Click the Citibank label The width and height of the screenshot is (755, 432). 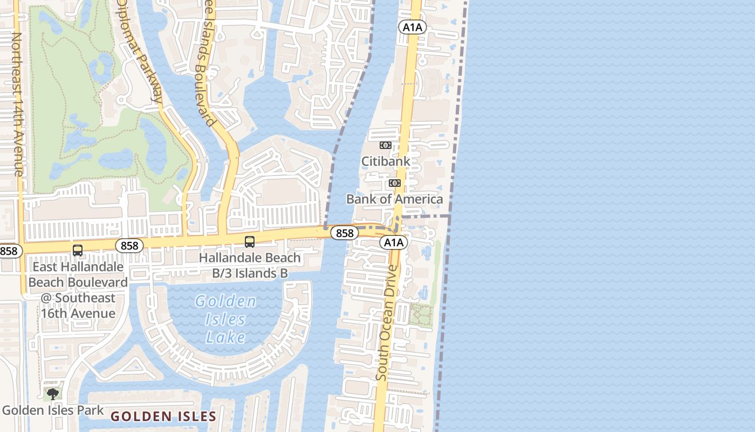(x=386, y=161)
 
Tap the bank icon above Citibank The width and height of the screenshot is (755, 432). (x=385, y=145)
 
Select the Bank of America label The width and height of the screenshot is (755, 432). (x=394, y=199)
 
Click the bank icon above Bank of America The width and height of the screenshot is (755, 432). (x=395, y=183)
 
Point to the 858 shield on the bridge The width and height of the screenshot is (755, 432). (x=344, y=233)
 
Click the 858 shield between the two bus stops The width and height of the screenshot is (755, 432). (x=129, y=246)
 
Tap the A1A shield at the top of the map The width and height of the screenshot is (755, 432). (x=412, y=27)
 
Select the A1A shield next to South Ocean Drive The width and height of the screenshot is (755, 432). (x=394, y=242)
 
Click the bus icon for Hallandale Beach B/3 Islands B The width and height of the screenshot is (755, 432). (x=249, y=241)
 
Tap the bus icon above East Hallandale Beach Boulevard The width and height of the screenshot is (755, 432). (x=78, y=251)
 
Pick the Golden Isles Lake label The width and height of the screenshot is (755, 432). (x=225, y=319)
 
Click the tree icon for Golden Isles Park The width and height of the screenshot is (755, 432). (x=52, y=394)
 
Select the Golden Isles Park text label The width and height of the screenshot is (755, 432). (x=53, y=410)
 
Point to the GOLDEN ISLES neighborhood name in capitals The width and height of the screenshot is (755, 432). (x=163, y=416)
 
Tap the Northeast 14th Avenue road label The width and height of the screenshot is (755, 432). (x=17, y=104)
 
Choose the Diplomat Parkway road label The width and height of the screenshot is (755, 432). (x=140, y=51)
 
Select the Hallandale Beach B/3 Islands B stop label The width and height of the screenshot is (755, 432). (x=250, y=265)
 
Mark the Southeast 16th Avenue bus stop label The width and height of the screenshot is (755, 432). (x=78, y=290)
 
